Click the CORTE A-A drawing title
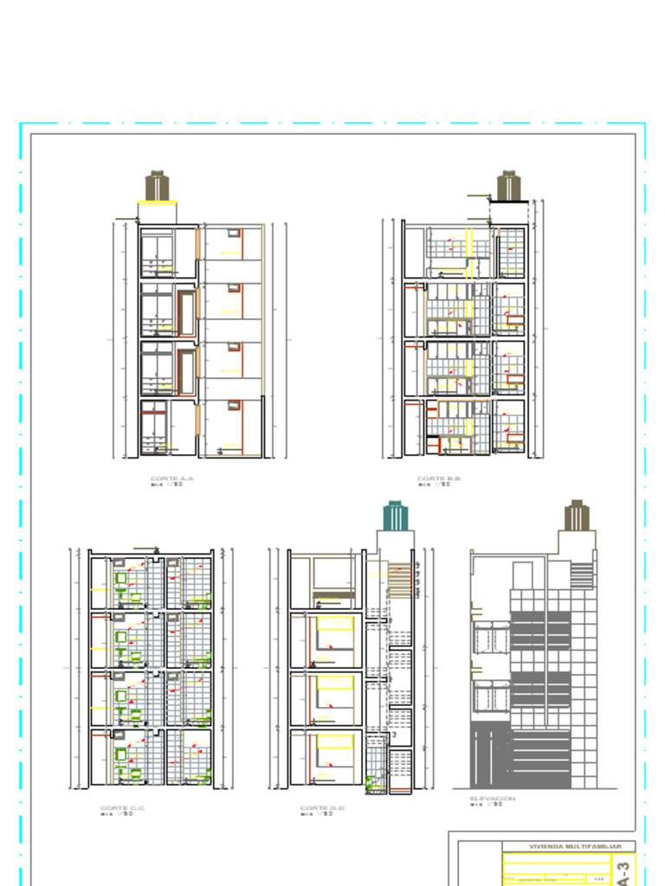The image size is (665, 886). [x=172, y=478]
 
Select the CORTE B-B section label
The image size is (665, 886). [x=439, y=478]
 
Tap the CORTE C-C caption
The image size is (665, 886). [x=122, y=808]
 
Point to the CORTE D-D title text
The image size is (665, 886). [x=322, y=808]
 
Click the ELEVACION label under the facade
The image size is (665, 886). [x=492, y=799]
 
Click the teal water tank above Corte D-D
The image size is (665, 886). [x=394, y=516]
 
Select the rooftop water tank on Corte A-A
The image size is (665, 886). [x=157, y=186]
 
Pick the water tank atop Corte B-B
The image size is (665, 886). [x=508, y=186]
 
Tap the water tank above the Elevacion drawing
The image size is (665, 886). [x=577, y=516]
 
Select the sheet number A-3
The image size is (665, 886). [x=623, y=870]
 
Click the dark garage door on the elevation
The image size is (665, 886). [x=491, y=755]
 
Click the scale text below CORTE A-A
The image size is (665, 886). [x=167, y=485]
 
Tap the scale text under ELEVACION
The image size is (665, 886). [x=487, y=806]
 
